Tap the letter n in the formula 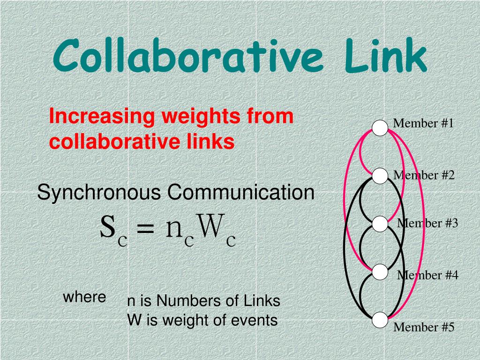[x=174, y=229]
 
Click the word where [x=84, y=297]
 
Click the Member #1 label [x=423, y=123]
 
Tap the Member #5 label [x=424, y=327]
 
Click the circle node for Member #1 [x=380, y=128]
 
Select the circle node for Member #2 [x=380, y=176]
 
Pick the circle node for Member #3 [x=380, y=224]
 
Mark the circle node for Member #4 [x=380, y=272]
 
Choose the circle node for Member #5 [x=380, y=320]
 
